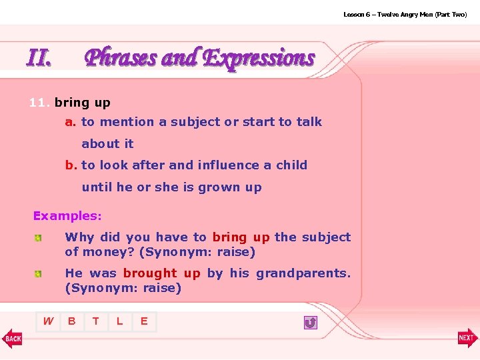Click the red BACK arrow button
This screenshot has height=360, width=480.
pyautogui.click(x=11, y=339)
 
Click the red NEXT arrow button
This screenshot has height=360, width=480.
pyautogui.click(x=467, y=339)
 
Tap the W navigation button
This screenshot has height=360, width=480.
pyautogui.click(x=48, y=321)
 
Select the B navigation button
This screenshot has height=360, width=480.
pyautogui.click(x=72, y=321)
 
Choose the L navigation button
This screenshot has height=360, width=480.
pyautogui.click(x=120, y=321)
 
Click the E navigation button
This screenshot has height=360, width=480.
pyautogui.click(x=144, y=321)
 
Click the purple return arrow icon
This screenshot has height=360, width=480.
pyautogui.click(x=310, y=323)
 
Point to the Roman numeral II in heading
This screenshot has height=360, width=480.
pyautogui.click(x=39, y=59)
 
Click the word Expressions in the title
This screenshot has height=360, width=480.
pyautogui.click(x=258, y=58)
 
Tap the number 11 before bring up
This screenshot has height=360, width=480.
pyautogui.click(x=38, y=103)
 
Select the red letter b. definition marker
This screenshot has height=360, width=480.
pyautogui.click(x=71, y=165)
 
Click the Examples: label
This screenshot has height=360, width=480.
pyautogui.click(x=67, y=216)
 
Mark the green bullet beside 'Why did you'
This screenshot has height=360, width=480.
pyautogui.click(x=39, y=238)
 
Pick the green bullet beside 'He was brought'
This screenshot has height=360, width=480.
pyautogui.click(x=39, y=274)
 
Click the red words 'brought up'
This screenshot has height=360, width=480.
pyautogui.click(x=161, y=273)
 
